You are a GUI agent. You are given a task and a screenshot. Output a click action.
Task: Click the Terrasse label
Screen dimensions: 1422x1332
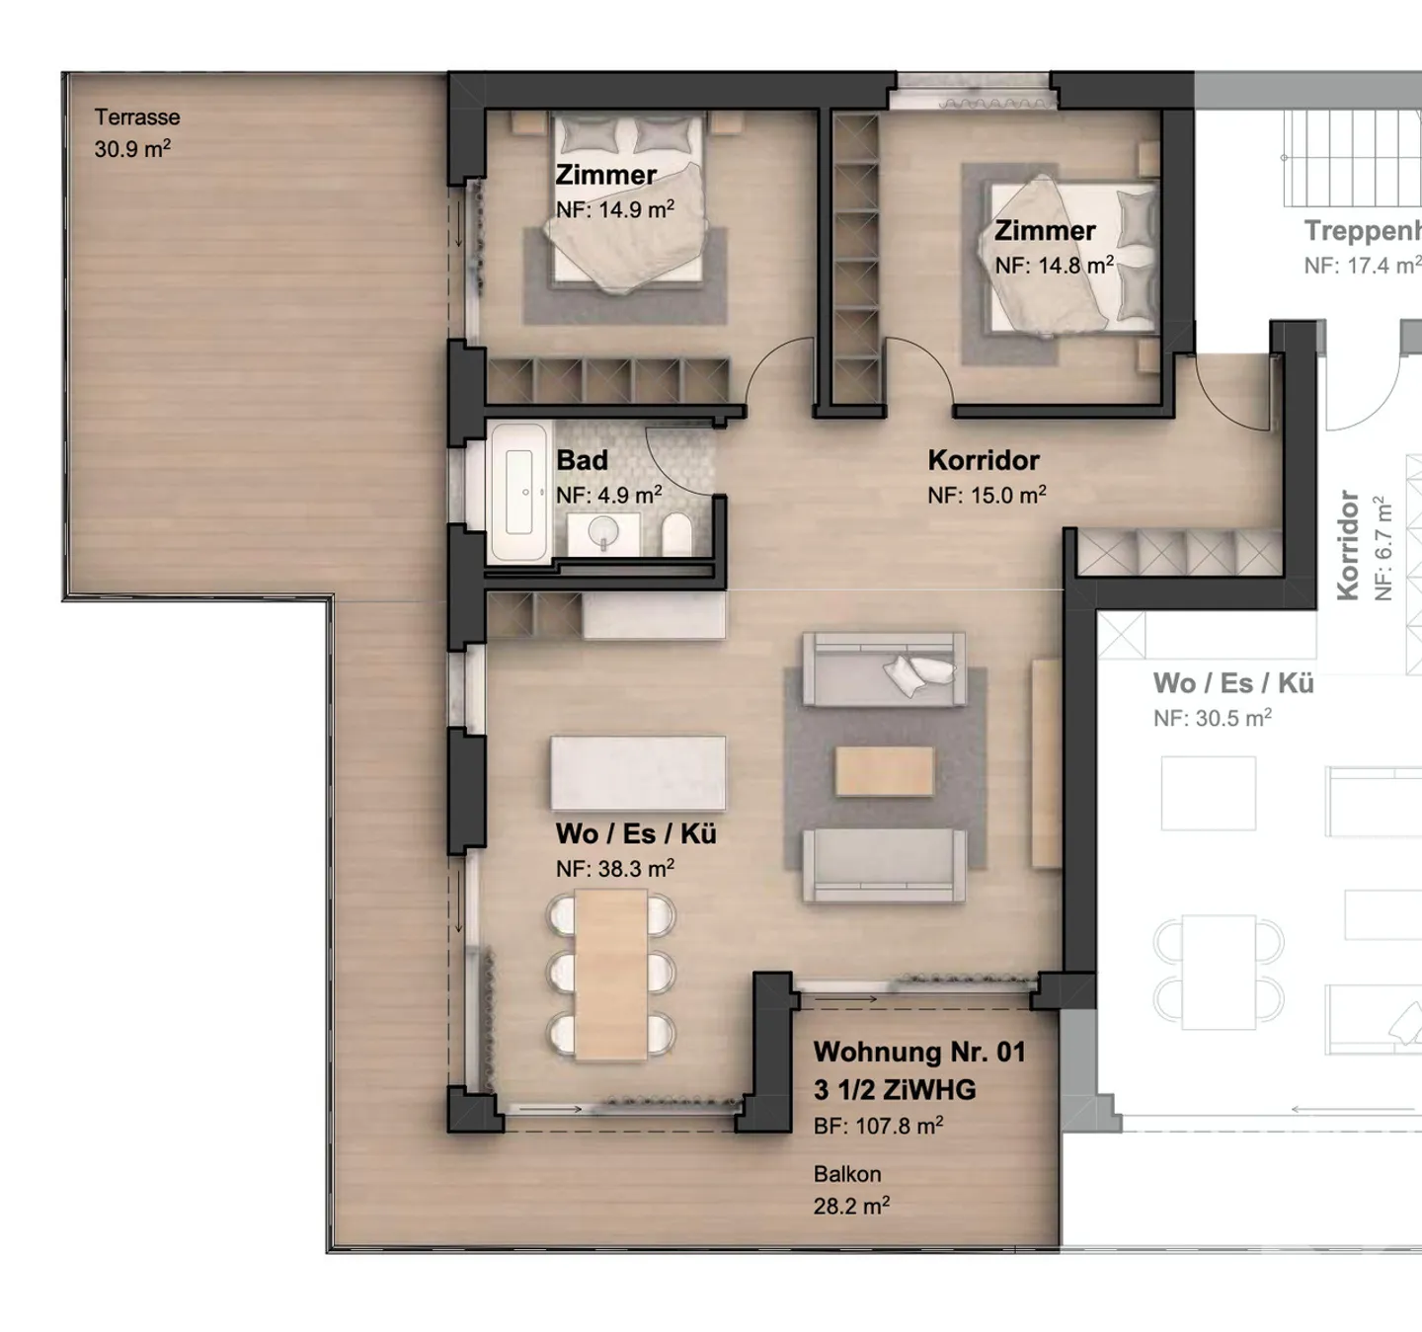click(136, 117)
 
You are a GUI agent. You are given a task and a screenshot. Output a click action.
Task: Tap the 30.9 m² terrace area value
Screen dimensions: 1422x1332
click(132, 148)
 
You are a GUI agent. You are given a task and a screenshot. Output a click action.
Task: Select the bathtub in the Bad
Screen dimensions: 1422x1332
click(518, 491)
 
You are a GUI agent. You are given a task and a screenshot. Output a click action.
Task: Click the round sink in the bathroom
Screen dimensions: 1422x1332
click(603, 532)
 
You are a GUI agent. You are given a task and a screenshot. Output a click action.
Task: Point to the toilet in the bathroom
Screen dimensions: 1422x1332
click(676, 533)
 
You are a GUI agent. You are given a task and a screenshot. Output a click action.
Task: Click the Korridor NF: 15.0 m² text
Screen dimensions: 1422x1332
click(987, 495)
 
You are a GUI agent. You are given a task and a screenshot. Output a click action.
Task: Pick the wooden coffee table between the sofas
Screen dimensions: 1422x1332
click(884, 770)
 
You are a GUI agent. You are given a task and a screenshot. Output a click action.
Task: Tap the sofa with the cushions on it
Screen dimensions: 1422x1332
click(884, 668)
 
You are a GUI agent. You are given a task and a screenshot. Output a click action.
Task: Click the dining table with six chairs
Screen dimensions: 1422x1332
click(610, 974)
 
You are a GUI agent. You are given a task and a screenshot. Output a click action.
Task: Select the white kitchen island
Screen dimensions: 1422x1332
click(637, 773)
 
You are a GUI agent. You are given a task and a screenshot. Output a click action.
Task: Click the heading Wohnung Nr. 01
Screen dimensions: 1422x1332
click(919, 1052)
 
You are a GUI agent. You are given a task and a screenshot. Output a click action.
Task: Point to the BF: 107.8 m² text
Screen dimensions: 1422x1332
click(878, 1126)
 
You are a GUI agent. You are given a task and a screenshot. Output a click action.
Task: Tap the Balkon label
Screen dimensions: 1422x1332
click(847, 1174)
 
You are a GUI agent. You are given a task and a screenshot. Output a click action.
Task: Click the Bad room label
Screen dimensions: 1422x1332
click(582, 460)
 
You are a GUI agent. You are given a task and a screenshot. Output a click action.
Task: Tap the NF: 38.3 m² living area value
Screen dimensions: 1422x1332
click(615, 869)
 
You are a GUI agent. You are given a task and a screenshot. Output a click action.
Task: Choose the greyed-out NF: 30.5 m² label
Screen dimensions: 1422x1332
click(1213, 718)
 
